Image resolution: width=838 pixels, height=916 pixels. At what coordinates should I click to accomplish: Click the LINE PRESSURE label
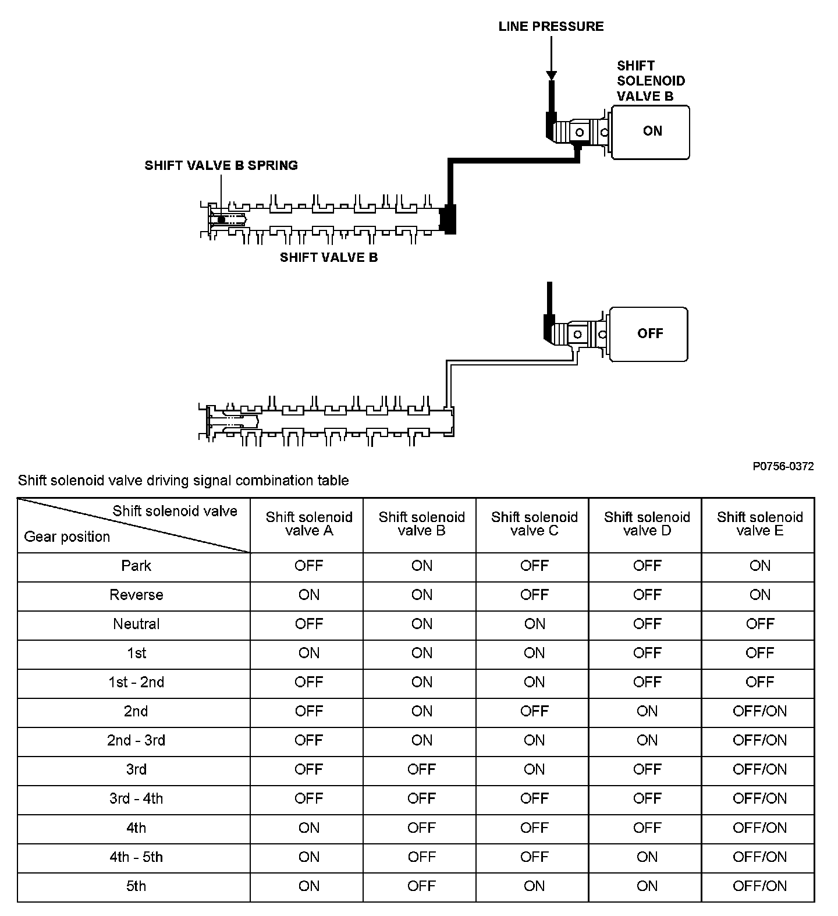(551, 26)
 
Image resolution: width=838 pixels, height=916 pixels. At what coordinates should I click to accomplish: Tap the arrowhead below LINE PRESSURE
(551, 76)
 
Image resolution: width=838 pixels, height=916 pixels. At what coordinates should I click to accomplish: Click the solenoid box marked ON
(651, 132)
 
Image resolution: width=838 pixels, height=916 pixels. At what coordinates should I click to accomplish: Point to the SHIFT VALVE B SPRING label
(221, 165)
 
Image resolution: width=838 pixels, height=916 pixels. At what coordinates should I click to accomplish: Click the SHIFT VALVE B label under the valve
(329, 257)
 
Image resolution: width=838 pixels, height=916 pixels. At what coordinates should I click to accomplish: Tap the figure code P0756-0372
(783, 466)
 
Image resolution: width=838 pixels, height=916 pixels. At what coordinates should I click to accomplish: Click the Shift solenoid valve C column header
(534, 524)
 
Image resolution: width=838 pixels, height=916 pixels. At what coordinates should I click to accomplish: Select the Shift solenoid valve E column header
(759, 524)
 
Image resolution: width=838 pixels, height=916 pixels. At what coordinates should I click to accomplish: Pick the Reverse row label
(136, 595)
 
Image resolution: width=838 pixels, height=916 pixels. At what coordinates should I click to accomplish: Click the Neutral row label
(136, 624)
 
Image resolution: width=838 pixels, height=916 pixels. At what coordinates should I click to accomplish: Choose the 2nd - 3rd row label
(136, 740)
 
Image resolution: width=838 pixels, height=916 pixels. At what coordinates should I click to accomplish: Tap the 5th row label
(136, 886)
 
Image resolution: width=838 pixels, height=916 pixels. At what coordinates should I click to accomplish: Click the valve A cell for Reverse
(308, 595)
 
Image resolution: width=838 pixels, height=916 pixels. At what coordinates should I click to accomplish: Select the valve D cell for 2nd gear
(647, 711)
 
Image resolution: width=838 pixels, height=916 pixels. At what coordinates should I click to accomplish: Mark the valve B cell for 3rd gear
(421, 769)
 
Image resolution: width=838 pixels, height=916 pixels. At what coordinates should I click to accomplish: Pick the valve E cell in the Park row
(759, 566)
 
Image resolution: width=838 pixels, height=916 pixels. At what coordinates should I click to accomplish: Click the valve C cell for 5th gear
(534, 886)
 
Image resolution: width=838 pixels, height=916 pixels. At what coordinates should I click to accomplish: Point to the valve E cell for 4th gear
(759, 828)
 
